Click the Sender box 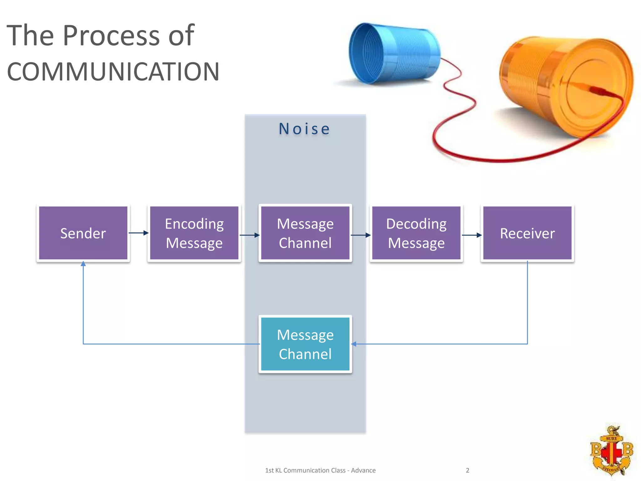(83, 233)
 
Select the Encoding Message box (194, 233)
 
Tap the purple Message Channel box (305, 233)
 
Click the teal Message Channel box (305, 344)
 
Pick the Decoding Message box (416, 233)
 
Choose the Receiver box (527, 233)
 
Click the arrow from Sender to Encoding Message (138, 233)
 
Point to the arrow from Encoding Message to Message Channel (249, 235)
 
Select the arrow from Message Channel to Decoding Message (361, 235)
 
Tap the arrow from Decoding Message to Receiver (472, 235)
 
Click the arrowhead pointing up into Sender (83, 264)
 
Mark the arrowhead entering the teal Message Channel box (354, 344)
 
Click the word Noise (305, 129)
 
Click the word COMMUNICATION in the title (113, 72)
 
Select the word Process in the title (111, 35)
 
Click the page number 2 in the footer (468, 470)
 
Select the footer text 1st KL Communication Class (305, 470)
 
